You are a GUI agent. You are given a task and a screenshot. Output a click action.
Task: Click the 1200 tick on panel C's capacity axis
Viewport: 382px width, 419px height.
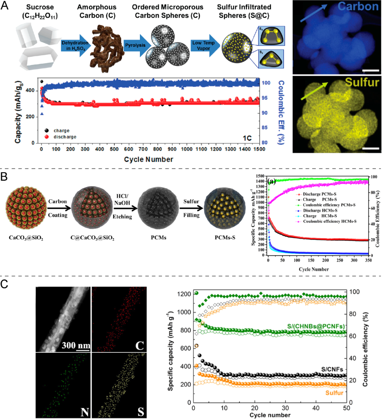pos(184,294)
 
